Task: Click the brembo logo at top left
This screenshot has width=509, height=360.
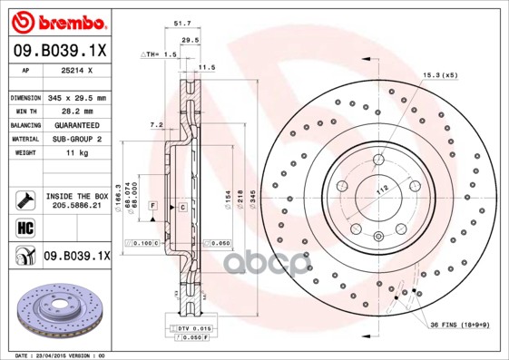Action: tap(56, 21)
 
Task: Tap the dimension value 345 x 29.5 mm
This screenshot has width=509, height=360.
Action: tap(76, 98)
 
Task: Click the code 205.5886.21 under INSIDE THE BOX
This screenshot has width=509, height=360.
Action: tap(76, 206)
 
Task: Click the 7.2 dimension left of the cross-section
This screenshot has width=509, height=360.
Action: tap(155, 124)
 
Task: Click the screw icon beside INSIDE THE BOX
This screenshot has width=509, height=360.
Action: tap(22, 199)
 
